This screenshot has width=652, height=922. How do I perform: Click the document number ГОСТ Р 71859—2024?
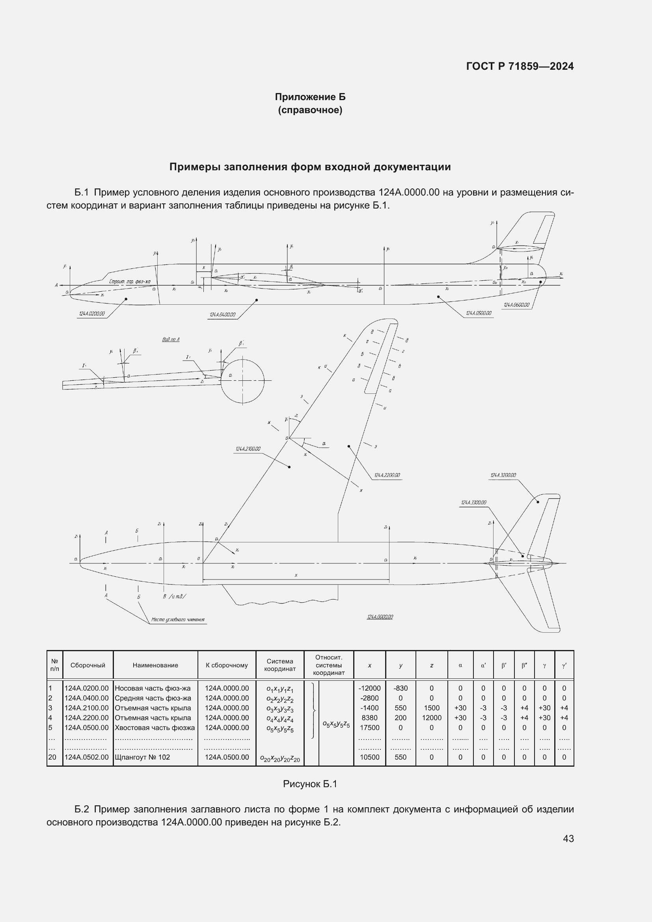[520, 66]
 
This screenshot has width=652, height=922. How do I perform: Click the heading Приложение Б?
[310, 97]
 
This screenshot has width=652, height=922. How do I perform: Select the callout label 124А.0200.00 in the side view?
[92, 314]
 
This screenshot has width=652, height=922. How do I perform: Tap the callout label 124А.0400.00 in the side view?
[222, 315]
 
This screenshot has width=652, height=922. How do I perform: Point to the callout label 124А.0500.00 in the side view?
[479, 313]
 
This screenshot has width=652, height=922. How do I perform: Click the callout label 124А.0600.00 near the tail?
[516, 305]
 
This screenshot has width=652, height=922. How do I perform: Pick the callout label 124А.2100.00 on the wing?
[248, 449]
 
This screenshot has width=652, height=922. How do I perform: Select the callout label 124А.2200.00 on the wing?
[387, 475]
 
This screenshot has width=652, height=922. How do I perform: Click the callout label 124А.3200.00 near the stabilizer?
[503, 475]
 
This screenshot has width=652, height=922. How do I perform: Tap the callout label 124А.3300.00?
[473, 502]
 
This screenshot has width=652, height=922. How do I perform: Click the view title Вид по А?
[171, 339]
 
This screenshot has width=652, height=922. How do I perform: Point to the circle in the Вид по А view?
[242, 381]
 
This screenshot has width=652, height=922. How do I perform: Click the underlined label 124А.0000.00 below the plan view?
[380, 617]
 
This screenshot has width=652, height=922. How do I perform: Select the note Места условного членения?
[178, 620]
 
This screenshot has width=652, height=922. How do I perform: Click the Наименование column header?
[155, 665]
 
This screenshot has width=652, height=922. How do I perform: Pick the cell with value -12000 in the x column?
[369, 688]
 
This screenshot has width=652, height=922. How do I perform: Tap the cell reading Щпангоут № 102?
[143, 757]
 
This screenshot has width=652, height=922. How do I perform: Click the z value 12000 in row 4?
[432, 717]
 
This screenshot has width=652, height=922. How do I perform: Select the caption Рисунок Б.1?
[310, 784]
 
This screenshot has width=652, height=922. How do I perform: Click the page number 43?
[568, 838]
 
